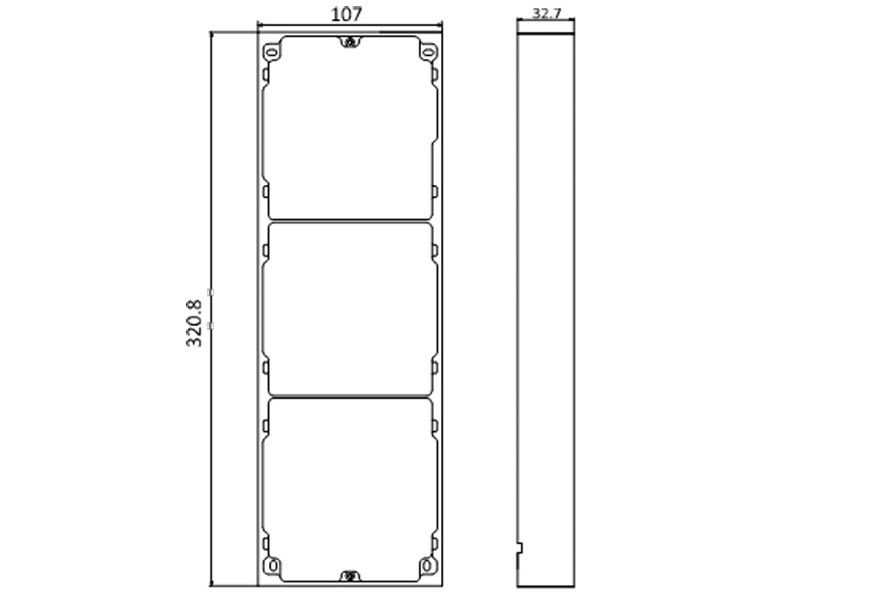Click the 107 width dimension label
click(x=346, y=14)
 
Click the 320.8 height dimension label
click(x=194, y=324)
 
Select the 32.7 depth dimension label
click(x=546, y=13)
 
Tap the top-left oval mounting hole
click(x=271, y=53)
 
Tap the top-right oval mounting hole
click(x=428, y=53)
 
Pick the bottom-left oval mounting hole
click(x=273, y=566)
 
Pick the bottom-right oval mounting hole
click(x=427, y=566)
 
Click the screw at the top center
click(x=350, y=42)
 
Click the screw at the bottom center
click(x=350, y=575)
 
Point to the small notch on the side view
click(x=520, y=548)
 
